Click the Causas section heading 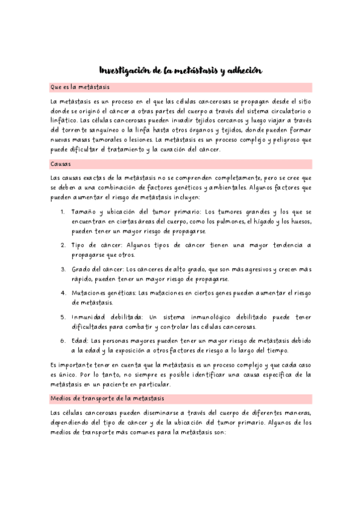point(61,163)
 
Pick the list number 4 point(63,293)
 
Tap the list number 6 point(63,340)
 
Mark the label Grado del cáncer point(99,269)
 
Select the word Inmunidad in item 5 point(90,316)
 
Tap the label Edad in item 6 point(79,340)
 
